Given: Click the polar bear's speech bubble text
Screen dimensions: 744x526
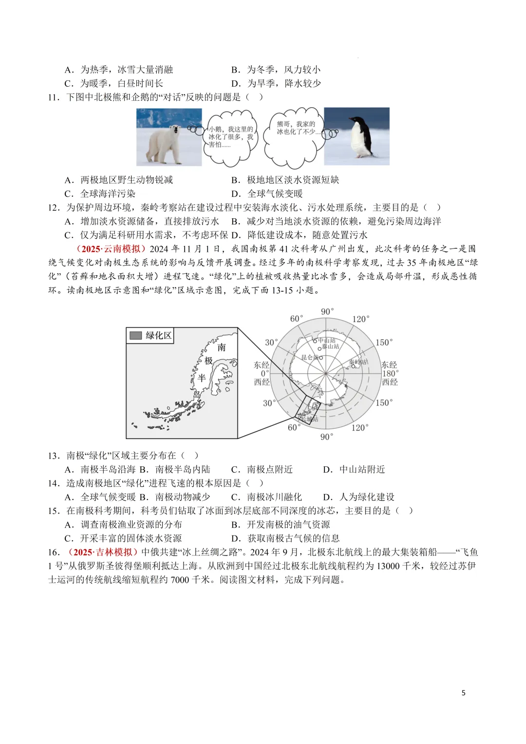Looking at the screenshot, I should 231,137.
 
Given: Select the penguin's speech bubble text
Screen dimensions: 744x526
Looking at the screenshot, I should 296,128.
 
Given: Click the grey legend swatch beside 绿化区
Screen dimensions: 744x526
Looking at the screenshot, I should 136,335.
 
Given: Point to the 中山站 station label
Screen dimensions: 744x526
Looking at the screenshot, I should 327,341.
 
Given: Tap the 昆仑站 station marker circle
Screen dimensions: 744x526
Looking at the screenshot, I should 321,358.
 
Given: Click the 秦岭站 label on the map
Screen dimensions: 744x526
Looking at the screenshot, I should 358,362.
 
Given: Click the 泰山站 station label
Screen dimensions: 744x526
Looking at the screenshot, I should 331,346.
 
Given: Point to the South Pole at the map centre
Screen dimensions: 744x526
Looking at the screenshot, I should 326,374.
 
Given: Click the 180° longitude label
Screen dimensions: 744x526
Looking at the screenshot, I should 390,373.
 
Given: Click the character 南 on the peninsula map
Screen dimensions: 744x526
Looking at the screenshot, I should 222,347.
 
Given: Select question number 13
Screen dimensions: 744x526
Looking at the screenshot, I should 54,456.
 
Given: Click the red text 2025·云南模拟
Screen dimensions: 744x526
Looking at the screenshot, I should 111,249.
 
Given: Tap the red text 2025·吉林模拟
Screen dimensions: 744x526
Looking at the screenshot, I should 103,552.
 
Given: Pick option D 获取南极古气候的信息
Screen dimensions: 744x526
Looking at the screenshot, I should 286,538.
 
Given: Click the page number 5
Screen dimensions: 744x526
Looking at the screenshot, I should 463,693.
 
